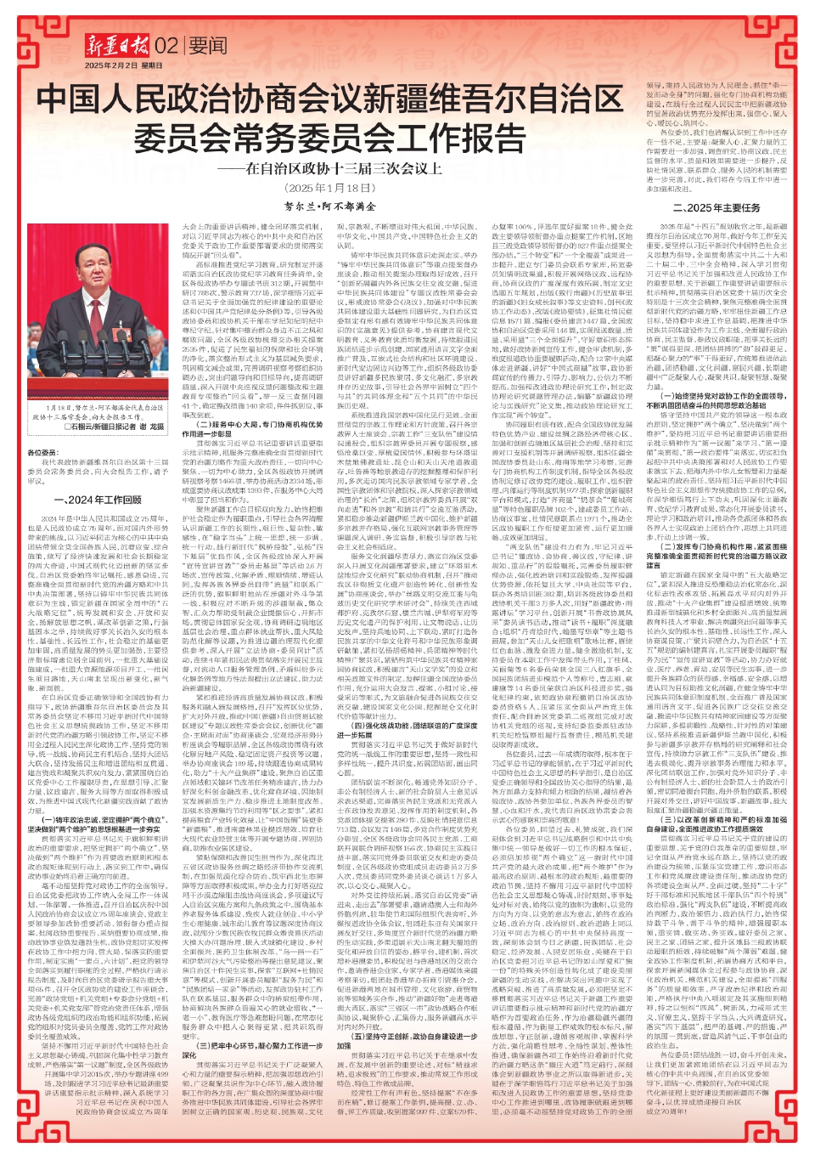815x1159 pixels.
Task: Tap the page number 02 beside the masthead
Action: coord(166,46)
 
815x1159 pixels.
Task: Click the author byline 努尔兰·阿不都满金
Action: coord(330,206)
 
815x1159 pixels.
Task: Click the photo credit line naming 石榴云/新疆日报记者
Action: coord(115,427)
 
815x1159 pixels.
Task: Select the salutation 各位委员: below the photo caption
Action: coord(42,453)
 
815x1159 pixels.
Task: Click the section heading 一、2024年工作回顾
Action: coord(98,500)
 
